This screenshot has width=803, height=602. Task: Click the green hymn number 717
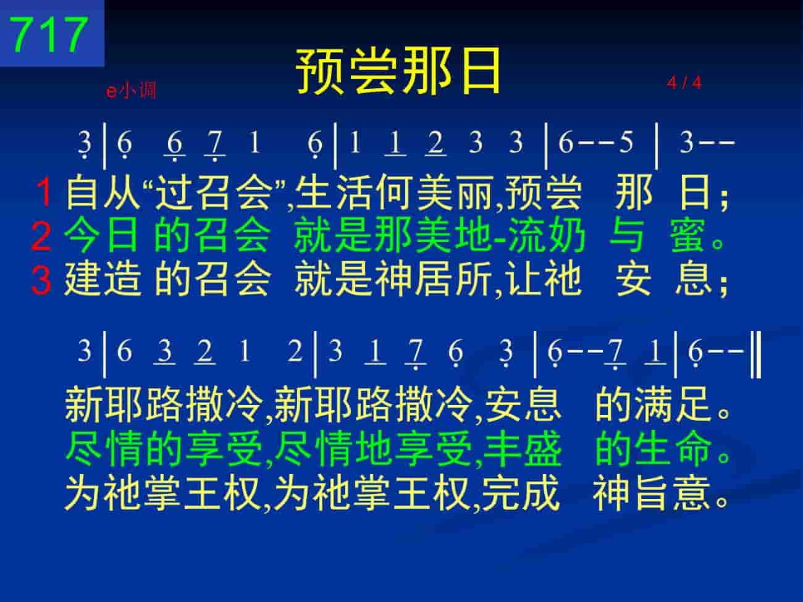(49, 35)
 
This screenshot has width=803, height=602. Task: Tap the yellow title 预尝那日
(398, 70)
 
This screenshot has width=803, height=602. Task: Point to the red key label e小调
(131, 90)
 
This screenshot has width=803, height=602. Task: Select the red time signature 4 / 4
(684, 83)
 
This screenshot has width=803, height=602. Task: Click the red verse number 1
(44, 192)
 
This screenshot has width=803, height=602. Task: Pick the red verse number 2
(41, 236)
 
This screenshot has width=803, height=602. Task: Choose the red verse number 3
(41, 280)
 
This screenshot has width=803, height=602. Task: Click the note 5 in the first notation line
(626, 142)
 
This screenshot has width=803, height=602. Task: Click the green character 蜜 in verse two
(687, 236)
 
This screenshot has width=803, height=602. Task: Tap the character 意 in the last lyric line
(693, 493)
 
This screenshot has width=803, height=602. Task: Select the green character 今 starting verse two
(83, 236)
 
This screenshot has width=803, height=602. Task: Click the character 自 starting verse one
(83, 192)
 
